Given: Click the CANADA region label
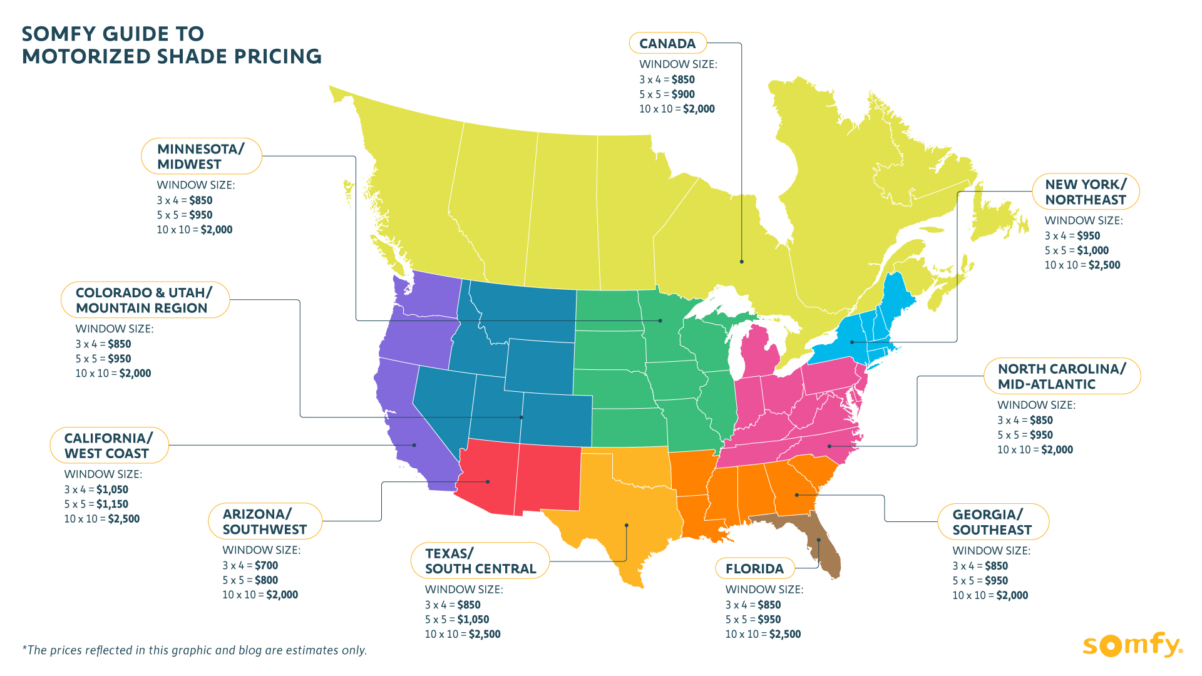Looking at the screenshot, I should (x=667, y=44).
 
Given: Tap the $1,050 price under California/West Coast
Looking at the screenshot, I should (x=112, y=489).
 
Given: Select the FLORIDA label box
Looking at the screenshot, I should (x=754, y=568).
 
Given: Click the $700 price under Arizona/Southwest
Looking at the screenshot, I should (x=266, y=565).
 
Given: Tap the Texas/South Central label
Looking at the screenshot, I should (x=480, y=561).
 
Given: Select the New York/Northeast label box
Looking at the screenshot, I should (x=1085, y=192).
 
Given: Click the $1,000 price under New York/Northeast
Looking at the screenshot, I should (x=1092, y=250).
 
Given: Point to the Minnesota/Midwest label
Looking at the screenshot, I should (x=200, y=156).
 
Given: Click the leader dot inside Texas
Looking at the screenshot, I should (x=626, y=525).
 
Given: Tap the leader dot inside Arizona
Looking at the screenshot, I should (x=488, y=481).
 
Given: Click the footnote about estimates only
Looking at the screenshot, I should (x=195, y=650).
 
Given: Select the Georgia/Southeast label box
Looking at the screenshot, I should (x=992, y=522).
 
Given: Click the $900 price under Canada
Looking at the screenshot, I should (x=683, y=95).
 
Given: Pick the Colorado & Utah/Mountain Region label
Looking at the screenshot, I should (x=145, y=300).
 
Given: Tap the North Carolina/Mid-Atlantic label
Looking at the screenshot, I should (x=1061, y=376).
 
